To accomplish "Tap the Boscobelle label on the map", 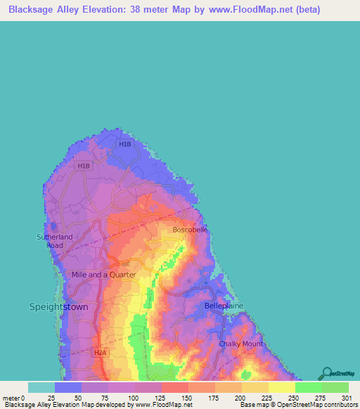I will (x=191, y=230).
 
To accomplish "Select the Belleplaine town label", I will (x=224, y=306).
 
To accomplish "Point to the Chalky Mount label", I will (x=240, y=344).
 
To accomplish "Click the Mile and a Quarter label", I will (x=103, y=275).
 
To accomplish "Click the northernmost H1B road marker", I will (x=125, y=144).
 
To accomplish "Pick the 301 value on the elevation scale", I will (x=345, y=398).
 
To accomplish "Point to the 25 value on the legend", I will (x=51, y=398).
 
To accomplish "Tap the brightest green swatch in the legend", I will (x=308, y=387).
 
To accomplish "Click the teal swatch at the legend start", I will (x=41, y=387).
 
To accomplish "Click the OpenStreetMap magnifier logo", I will (x=327, y=372).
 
